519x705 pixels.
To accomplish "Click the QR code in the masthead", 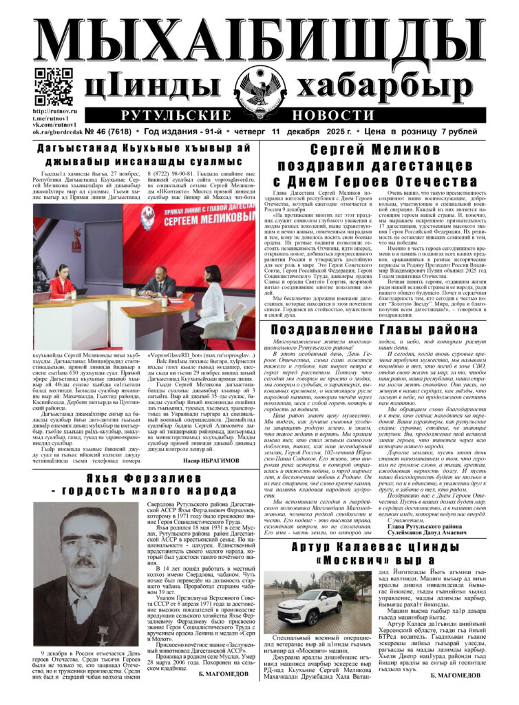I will pos(54,86).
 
